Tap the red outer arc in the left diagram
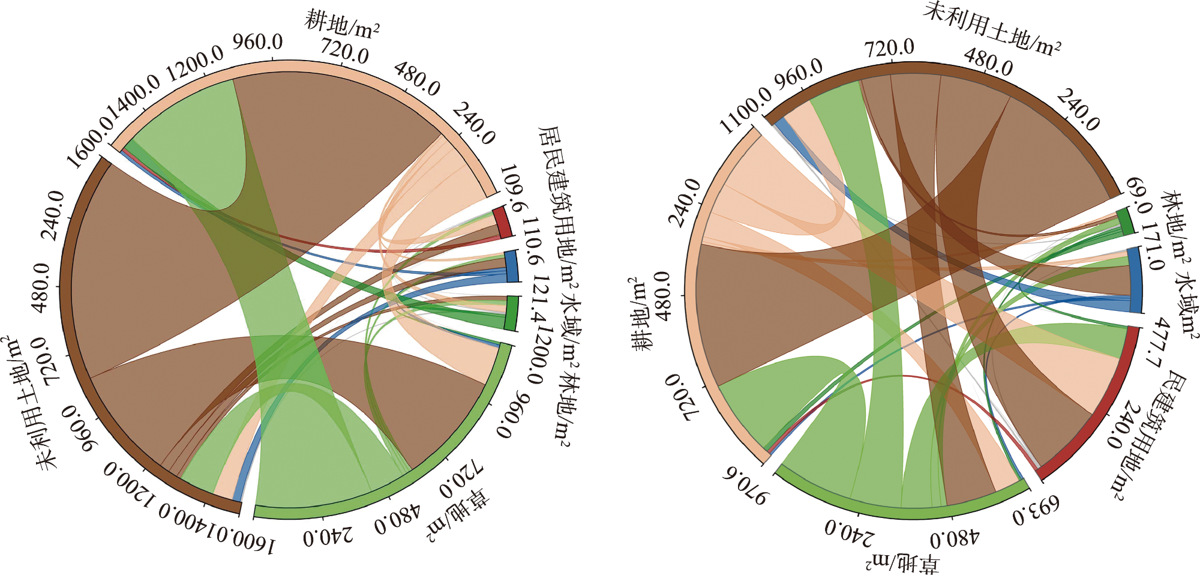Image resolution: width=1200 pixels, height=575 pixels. coord(503,222)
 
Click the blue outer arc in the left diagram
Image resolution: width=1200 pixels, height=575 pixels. coord(512,266)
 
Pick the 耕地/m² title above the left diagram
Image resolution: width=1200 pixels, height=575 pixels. coord(342,24)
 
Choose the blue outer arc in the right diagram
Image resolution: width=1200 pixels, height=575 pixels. coord(1135,279)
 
